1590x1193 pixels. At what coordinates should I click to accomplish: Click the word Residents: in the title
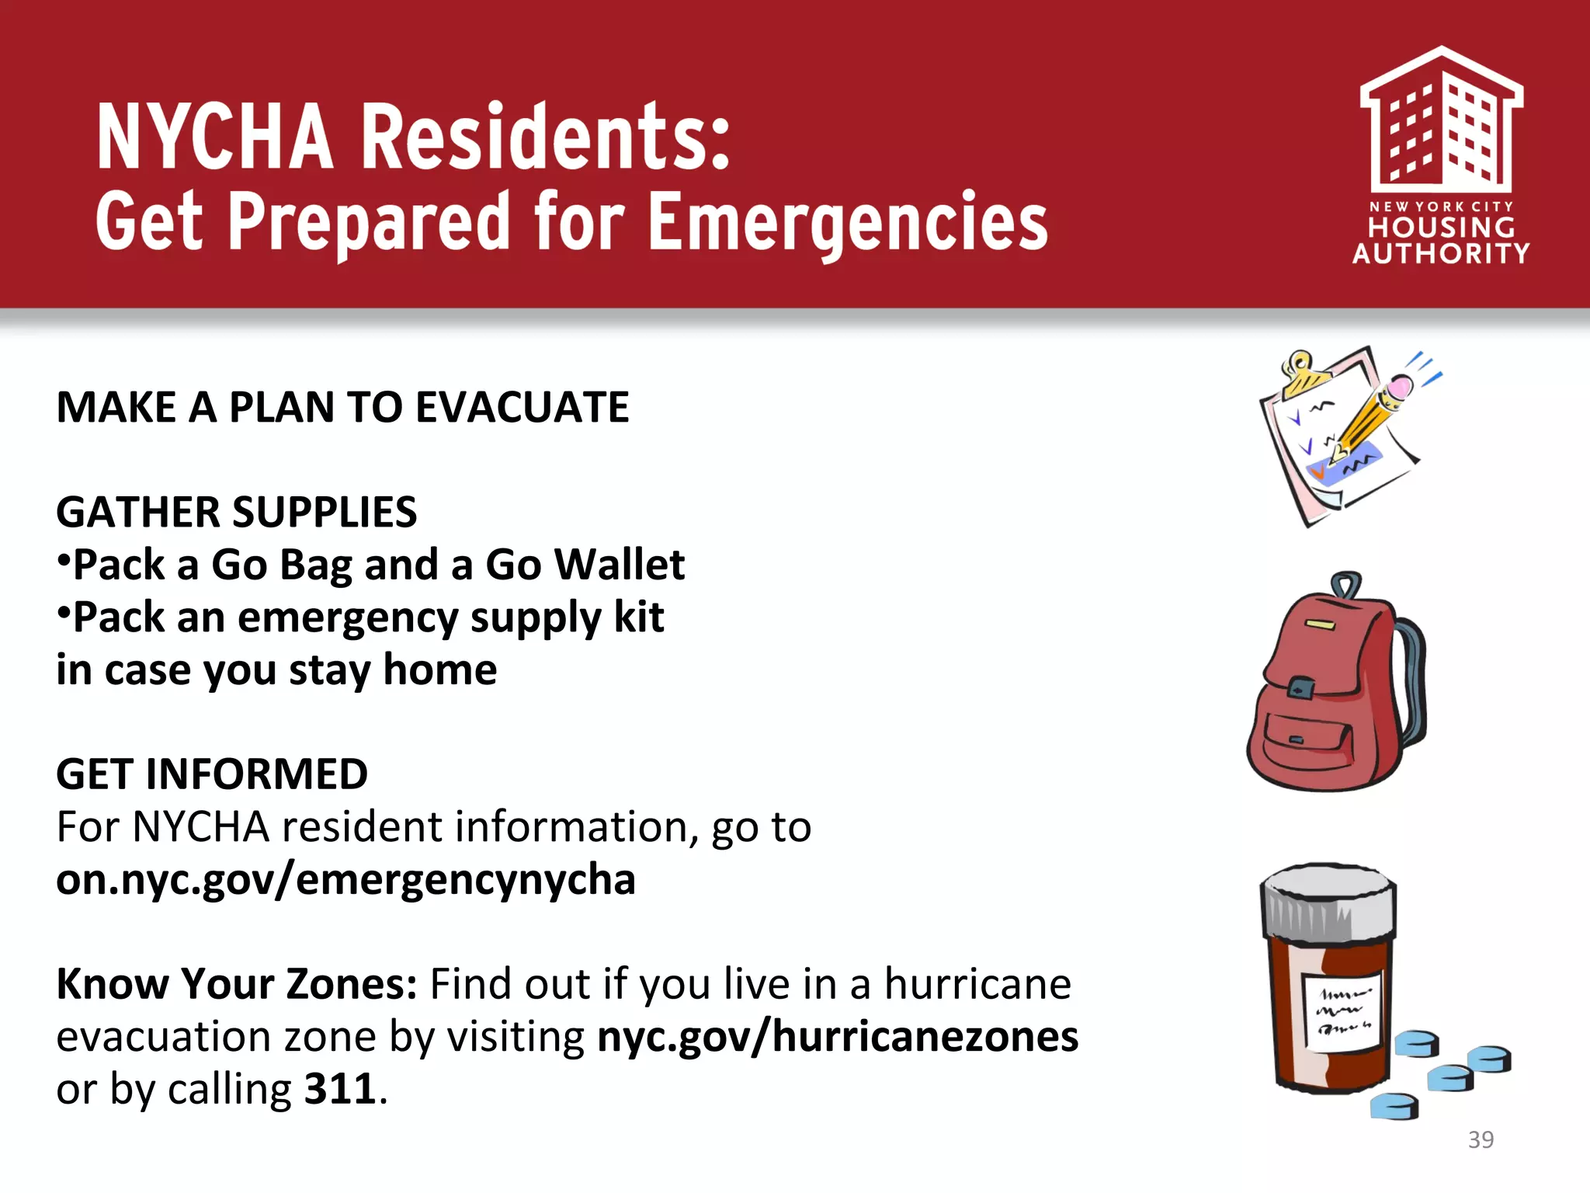coord(546,137)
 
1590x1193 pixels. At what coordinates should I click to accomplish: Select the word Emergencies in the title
coord(848,223)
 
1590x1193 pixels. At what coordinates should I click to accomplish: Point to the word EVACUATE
coord(522,408)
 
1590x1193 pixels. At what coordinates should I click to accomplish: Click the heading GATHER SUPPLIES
coord(237,513)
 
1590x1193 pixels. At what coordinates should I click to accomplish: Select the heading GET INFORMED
coord(212,774)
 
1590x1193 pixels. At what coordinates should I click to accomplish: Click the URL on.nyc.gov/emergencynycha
coord(345,880)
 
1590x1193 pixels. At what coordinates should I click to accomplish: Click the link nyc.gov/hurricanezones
coord(838,1037)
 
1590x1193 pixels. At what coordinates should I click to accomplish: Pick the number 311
coord(340,1089)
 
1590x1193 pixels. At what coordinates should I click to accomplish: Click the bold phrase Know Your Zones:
coord(237,985)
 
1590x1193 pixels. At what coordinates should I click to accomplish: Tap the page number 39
coord(1481,1139)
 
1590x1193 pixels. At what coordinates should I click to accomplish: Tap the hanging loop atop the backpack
coord(1345,585)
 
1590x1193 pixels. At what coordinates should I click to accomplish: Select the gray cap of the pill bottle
coord(1328,901)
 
